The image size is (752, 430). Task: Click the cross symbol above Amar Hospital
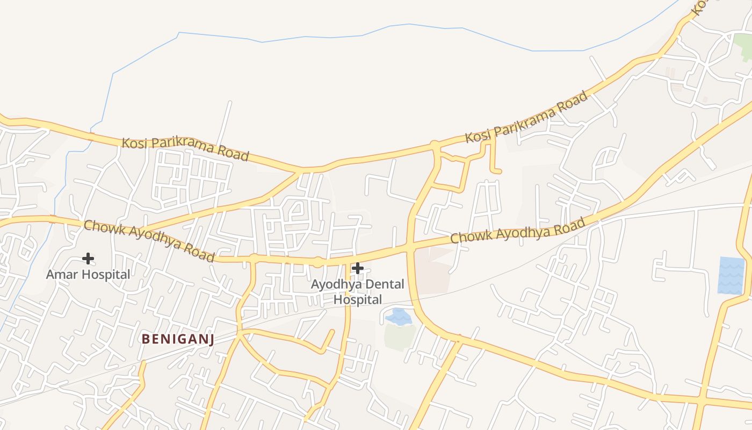pyautogui.click(x=88, y=259)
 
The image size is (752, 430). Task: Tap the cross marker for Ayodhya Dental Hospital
pyautogui.click(x=358, y=268)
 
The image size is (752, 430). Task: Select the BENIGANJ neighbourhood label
pyautogui.click(x=178, y=339)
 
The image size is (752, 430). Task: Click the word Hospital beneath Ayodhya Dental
pyautogui.click(x=358, y=299)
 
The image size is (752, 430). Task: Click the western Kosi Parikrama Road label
pyautogui.click(x=185, y=149)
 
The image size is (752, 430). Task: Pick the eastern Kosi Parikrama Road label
pyautogui.click(x=526, y=118)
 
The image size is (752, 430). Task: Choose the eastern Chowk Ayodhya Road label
pyautogui.click(x=517, y=231)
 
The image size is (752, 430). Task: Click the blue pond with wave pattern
pyautogui.click(x=731, y=275)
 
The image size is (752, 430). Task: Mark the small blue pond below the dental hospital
pyautogui.click(x=398, y=317)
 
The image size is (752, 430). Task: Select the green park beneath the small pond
pyautogui.click(x=400, y=336)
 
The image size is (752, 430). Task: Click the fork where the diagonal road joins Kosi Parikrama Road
pyautogui.click(x=299, y=171)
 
